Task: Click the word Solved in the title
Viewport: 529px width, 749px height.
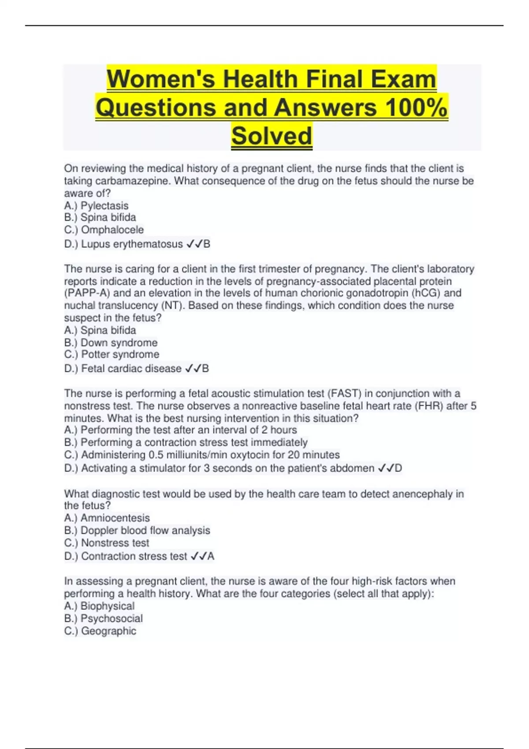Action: [x=272, y=136]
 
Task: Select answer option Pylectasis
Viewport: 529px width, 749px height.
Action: [x=104, y=206]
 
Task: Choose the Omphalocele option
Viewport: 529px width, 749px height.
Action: [x=112, y=230]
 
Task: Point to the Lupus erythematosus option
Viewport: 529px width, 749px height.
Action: [x=131, y=244]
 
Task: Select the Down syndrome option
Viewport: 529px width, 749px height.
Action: [x=119, y=343]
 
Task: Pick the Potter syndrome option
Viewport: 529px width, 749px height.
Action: [x=120, y=355]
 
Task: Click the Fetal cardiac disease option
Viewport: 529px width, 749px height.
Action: [x=131, y=369]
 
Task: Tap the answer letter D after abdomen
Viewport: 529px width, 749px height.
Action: [x=398, y=468]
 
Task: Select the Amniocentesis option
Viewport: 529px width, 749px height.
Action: [x=115, y=518]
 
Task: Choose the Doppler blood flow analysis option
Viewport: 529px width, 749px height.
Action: [x=145, y=530]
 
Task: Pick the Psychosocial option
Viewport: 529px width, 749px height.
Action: [x=112, y=619]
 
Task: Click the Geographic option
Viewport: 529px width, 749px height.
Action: [x=108, y=631]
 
